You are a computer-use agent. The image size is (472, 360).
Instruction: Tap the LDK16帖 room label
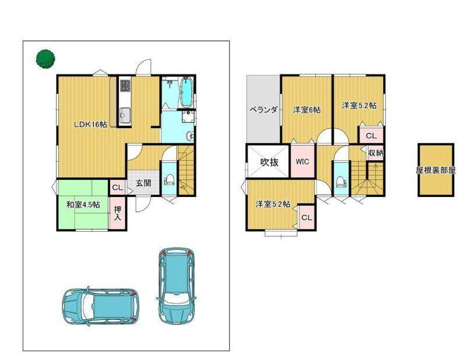click(x=90, y=125)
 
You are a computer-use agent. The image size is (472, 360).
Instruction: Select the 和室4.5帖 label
click(x=83, y=205)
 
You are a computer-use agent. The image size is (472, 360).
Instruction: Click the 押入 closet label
click(x=117, y=213)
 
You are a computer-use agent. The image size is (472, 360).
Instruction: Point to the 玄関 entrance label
click(x=143, y=183)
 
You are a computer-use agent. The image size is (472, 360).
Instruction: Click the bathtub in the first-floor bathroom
click(x=186, y=92)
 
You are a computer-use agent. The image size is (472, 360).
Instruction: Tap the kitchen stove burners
click(x=125, y=85)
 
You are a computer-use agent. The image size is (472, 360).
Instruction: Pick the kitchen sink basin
click(x=124, y=114)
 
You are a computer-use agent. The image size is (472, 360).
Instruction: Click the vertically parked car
click(x=177, y=285)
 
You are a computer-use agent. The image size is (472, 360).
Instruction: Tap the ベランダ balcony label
click(x=263, y=110)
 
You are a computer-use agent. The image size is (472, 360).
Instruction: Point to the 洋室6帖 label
click(x=307, y=110)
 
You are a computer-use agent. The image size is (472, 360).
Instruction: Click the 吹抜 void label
click(x=269, y=163)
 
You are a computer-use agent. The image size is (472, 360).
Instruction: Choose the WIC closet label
click(x=302, y=161)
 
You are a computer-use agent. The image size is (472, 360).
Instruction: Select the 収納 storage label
click(x=376, y=153)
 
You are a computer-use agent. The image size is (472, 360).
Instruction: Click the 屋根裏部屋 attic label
click(x=435, y=170)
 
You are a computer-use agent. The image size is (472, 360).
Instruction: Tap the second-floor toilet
click(x=341, y=181)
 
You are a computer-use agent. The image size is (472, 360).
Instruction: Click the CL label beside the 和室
click(x=117, y=188)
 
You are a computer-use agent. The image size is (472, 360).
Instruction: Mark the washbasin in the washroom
click(x=189, y=136)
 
